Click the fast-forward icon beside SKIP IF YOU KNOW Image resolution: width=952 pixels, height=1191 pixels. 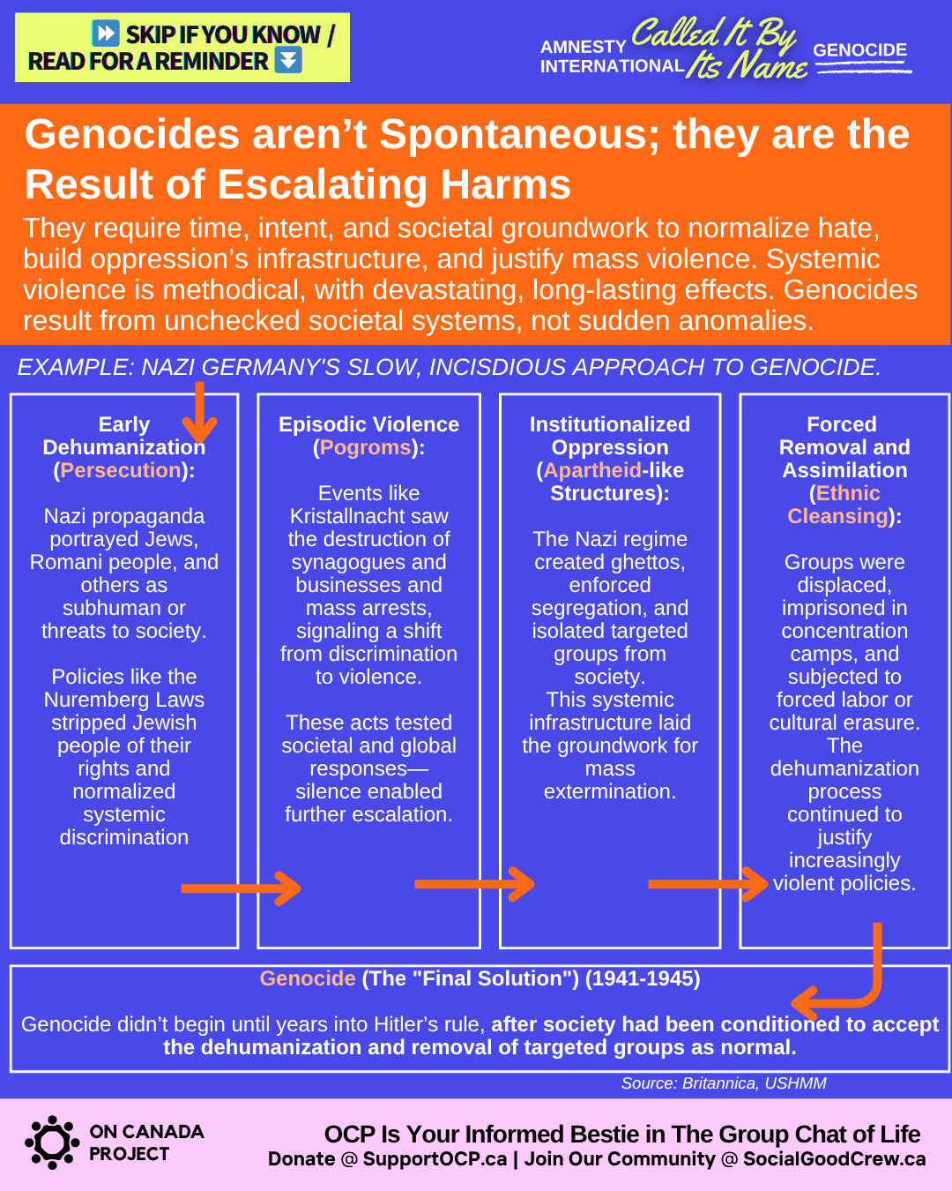[x=106, y=34]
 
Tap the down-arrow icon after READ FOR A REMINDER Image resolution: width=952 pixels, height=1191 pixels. [x=288, y=60]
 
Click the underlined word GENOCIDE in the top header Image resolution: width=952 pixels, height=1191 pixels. [x=859, y=50]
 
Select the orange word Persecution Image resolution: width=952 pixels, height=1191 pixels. [x=120, y=470]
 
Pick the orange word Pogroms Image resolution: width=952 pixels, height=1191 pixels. [x=365, y=447]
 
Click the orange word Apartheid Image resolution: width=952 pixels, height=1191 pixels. [x=592, y=470]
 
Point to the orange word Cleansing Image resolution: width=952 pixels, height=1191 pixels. [x=837, y=516]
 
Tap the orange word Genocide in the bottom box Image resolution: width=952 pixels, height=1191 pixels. [x=308, y=978]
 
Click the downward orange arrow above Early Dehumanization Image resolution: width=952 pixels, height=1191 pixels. [x=199, y=412]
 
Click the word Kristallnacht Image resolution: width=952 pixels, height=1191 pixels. [x=368, y=516]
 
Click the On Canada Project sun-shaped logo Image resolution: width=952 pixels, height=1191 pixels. [x=52, y=1142]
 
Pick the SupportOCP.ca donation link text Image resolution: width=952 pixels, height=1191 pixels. [x=435, y=1159]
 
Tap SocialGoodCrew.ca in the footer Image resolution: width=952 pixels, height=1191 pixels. [x=834, y=1159]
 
